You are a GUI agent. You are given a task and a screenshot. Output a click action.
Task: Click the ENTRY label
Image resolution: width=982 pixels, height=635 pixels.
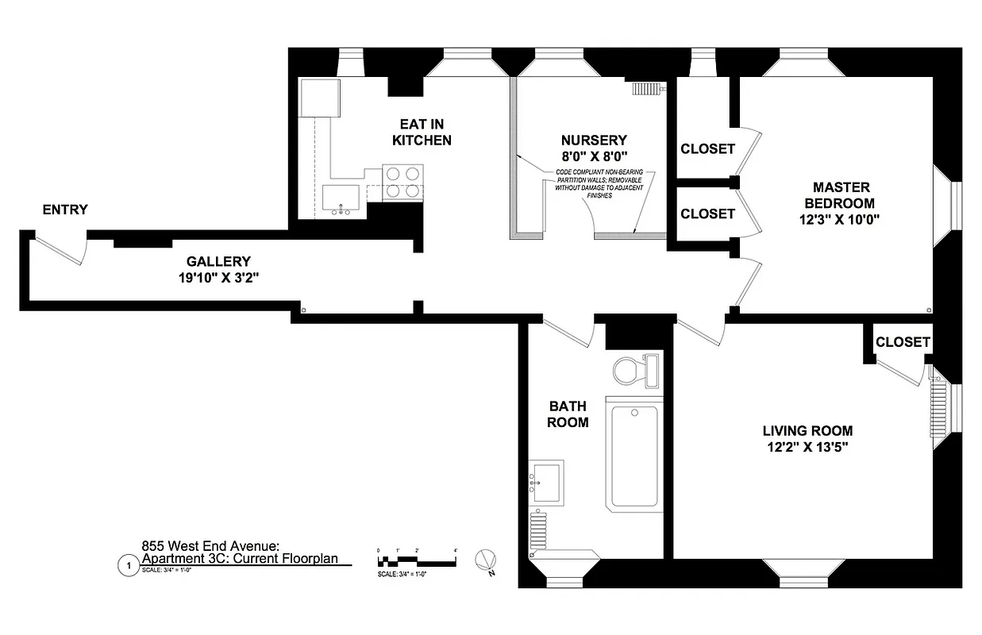(x=65, y=210)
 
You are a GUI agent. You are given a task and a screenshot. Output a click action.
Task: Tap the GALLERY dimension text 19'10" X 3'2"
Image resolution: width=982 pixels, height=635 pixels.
(x=218, y=278)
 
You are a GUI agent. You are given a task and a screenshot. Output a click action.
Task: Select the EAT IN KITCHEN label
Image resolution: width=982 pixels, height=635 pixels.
(x=422, y=132)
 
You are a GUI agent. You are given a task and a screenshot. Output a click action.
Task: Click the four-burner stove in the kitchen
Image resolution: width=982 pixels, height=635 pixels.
(x=402, y=182)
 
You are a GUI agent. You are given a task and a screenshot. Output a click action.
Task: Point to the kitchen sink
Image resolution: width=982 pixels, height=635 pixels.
(x=341, y=198)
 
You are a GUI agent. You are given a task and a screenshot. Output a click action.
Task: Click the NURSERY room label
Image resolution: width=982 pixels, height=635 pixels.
(x=594, y=140)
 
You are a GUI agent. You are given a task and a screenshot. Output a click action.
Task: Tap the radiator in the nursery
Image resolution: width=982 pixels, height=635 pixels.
(x=647, y=88)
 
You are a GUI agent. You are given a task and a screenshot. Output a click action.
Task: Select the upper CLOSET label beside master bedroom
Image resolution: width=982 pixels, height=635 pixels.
(x=707, y=148)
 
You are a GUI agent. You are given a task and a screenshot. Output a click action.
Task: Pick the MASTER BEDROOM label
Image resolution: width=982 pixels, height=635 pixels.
(x=841, y=195)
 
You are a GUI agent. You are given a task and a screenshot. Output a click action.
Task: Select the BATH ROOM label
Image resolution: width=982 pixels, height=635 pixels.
(x=568, y=414)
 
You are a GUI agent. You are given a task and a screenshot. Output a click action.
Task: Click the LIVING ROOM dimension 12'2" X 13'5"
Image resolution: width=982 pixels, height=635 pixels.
(x=807, y=447)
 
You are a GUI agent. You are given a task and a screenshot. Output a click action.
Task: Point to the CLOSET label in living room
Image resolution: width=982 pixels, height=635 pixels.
(x=903, y=341)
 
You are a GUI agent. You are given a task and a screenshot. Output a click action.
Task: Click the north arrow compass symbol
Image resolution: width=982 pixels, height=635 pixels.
(x=484, y=560)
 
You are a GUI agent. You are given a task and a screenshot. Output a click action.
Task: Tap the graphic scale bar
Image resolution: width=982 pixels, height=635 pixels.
(x=417, y=560)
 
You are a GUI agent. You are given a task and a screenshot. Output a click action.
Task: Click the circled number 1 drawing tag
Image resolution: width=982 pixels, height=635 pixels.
(x=125, y=565)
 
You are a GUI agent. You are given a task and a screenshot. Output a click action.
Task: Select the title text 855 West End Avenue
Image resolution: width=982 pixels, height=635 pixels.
(x=210, y=546)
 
